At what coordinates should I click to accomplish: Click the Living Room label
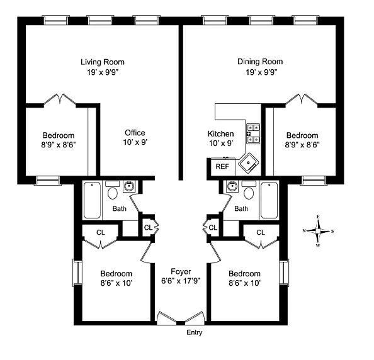click(x=103, y=62)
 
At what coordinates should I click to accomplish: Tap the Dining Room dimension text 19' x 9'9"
click(x=261, y=72)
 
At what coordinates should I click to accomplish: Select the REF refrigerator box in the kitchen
click(x=223, y=167)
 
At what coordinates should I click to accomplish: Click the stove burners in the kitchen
click(x=253, y=133)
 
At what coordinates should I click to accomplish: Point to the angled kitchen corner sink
click(x=249, y=163)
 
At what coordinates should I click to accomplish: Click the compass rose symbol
click(x=318, y=231)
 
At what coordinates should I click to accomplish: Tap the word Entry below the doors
click(x=195, y=332)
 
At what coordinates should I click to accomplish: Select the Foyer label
click(x=181, y=271)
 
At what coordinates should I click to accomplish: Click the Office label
click(x=135, y=133)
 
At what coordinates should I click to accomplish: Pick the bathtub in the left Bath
click(x=93, y=200)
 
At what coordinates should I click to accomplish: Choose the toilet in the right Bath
click(x=249, y=191)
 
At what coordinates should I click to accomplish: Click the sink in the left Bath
click(x=129, y=186)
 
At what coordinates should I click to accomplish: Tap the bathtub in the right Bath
click(x=269, y=200)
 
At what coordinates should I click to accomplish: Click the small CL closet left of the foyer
click(x=149, y=227)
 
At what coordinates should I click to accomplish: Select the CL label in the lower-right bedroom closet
click(x=261, y=232)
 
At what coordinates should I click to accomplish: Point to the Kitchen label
click(x=220, y=134)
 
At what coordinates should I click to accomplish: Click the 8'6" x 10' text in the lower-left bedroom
click(x=116, y=283)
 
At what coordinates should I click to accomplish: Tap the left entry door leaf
click(x=167, y=318)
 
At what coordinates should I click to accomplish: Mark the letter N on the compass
click(x=304, y=230)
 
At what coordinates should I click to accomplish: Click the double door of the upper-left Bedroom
click(x=60, y=99)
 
